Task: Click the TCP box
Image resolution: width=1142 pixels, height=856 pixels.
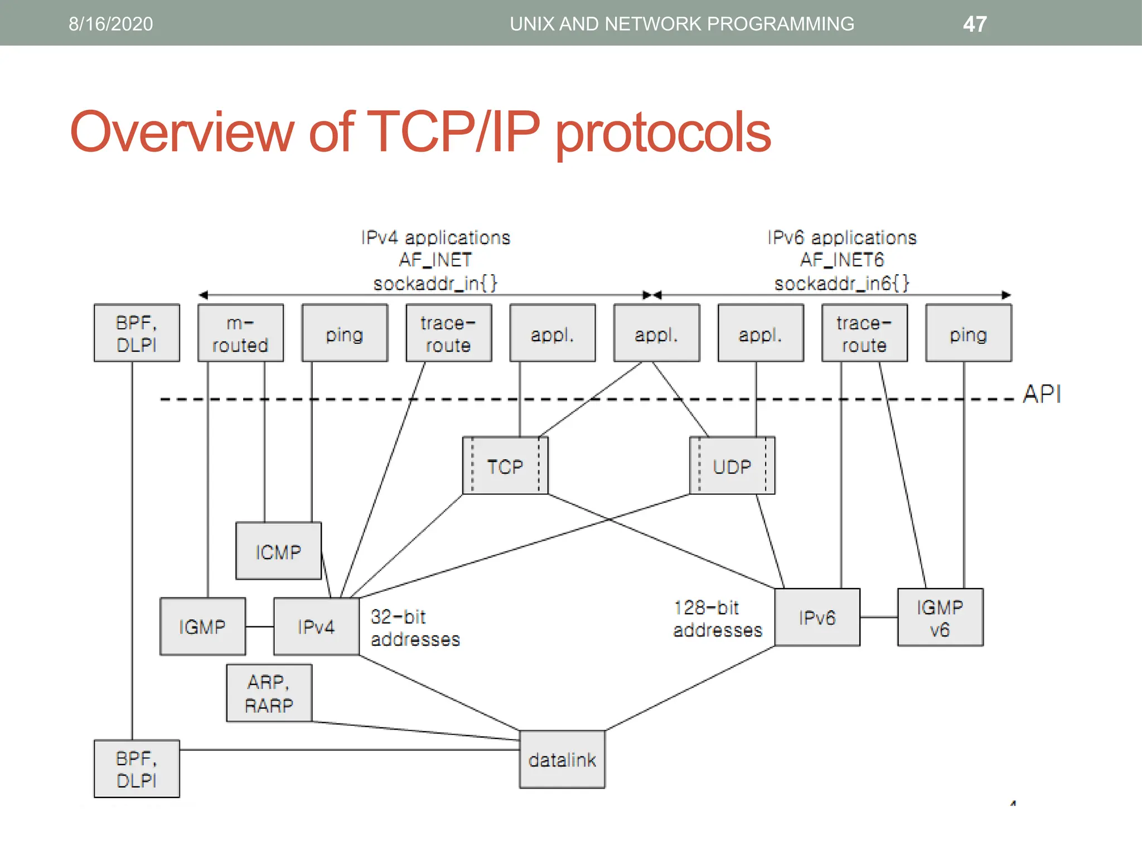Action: click(505, 466)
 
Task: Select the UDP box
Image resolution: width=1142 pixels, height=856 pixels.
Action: click(732, 466)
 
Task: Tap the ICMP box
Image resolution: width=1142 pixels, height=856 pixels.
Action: click(278, 551)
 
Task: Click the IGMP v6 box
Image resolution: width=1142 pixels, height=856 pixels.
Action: click(940, 617)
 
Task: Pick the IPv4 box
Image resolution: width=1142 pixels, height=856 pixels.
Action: click(316, 626)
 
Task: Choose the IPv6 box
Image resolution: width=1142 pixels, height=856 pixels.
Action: click(817, 617)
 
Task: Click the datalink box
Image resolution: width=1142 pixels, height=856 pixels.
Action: click(562, 760)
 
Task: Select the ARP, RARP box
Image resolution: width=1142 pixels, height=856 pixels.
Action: click(269, 693)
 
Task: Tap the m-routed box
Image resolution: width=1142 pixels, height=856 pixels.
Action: click(240, 333)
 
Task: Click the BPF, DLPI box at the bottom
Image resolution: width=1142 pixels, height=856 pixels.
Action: click(137, 769)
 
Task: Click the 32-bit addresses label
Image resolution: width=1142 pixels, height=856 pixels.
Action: click(415, 628)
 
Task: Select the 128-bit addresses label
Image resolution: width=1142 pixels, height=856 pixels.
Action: click(717, 619)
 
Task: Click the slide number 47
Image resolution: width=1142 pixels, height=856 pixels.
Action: click(975, 24)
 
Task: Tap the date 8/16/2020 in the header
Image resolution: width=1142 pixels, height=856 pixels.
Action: click(110, 24)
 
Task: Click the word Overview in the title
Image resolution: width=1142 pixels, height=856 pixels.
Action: click(181, 132)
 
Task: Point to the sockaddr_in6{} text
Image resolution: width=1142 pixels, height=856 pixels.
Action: click(841, 283)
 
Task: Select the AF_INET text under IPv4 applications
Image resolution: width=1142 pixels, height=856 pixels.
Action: click(435, 260)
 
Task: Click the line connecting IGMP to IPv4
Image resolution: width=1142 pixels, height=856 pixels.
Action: click(259, 626)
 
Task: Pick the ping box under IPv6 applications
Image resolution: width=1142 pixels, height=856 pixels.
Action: click(968, 333)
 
